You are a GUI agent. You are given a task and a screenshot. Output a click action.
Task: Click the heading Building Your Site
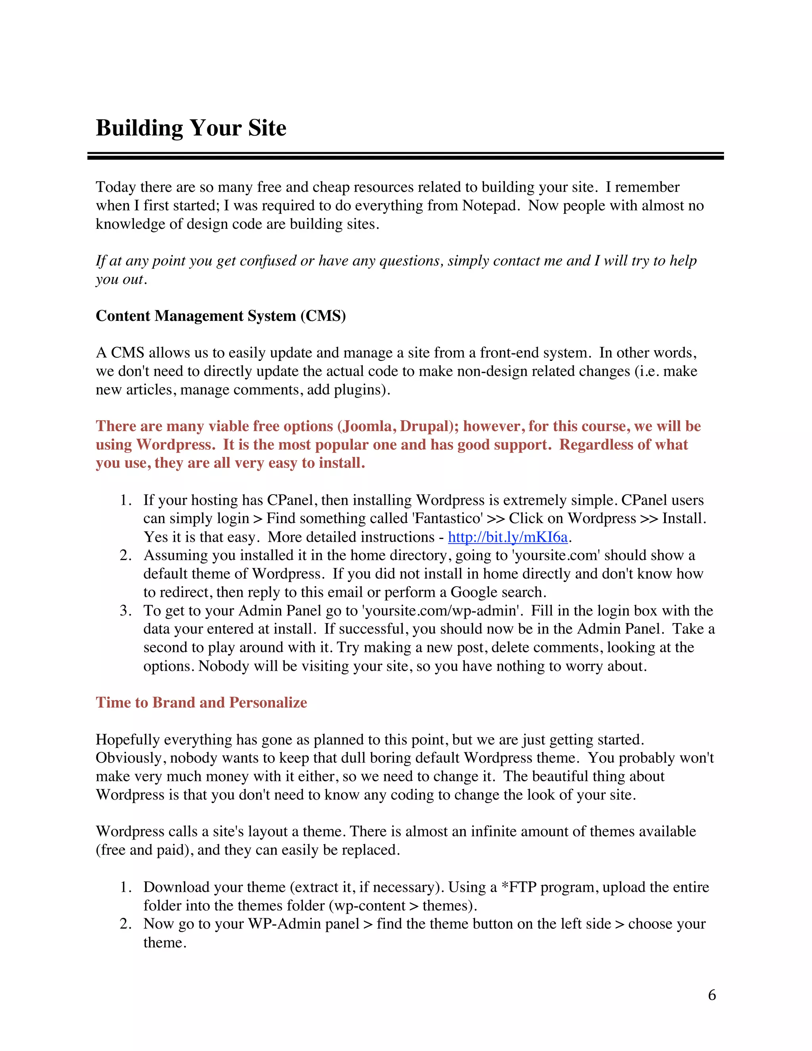pos(191,128)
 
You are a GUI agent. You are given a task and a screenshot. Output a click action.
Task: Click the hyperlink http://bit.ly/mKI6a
pos(507,537)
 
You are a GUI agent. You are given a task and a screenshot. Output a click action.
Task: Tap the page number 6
pos(711,995)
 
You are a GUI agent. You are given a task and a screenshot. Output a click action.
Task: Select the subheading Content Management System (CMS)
pos(221,316)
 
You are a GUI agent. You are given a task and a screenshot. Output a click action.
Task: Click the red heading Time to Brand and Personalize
pos(201,703)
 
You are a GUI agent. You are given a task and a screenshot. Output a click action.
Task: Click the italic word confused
pos(268,261)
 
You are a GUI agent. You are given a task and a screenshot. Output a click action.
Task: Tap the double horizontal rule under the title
pos(406,156)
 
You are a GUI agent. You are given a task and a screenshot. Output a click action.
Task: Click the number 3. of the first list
pos(126,611)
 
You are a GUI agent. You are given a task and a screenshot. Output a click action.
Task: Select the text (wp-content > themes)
pos(403,906)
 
